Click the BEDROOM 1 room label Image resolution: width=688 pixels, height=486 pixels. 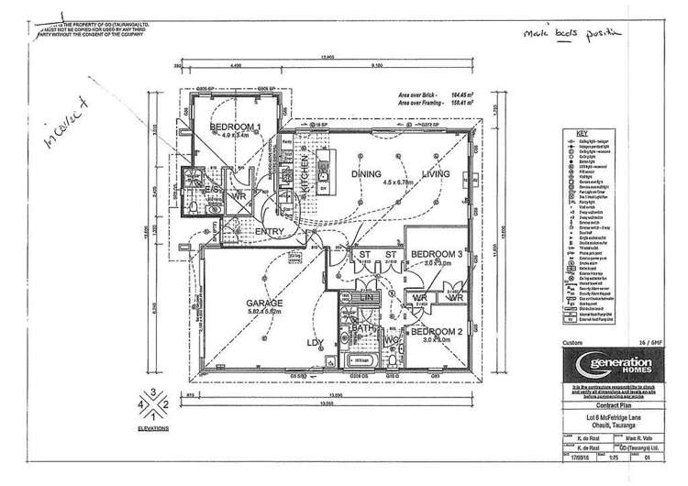236,127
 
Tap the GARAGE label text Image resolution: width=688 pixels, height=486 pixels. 263,302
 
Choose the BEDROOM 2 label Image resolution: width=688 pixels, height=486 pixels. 433,330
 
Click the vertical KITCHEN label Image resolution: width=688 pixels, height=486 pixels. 306,187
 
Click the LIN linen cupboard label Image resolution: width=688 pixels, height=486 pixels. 365,298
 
